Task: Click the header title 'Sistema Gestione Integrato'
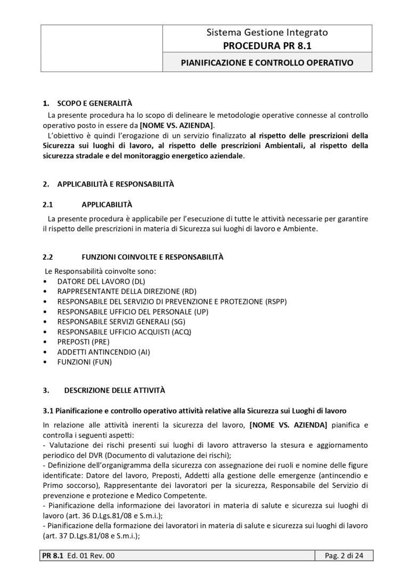click(x=267, y=33)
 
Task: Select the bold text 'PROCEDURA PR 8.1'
click(x=267, y=45)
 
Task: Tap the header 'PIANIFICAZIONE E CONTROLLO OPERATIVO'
click(x=267, y=62)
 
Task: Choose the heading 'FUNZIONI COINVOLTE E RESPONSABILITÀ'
click(x=152, y=257)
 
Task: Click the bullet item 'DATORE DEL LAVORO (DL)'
click(x=101, y=280)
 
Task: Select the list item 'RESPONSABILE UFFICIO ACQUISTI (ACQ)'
click(x=124, y=332)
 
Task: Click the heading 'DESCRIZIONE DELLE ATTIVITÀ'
click(x=114, y=390)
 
